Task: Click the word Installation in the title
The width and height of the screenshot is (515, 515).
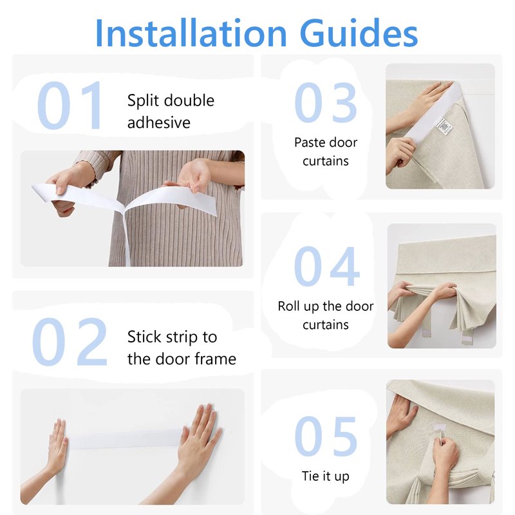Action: click(x=191, y=33)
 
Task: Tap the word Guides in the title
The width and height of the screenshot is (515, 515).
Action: click(x=359, y=33)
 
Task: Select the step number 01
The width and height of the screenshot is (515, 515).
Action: click(x=70, y=105)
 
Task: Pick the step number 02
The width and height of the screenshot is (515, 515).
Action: click(x=70, y=342)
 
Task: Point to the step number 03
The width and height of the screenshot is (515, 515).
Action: click(x=326, y=102)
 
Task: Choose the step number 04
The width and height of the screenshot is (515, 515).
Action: click(x=327, y=266)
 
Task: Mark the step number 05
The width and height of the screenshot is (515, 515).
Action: click(x=326, y=436)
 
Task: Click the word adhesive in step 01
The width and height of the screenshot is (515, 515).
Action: click(x=158, y=122)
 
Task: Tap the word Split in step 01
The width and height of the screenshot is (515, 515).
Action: click(x=143, y=101)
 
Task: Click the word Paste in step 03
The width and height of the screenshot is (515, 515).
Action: click(x=309, y=142)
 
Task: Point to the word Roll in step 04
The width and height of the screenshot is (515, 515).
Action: click(x=288, y=306)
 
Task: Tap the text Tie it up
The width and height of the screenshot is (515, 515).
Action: click(x=326, y=476)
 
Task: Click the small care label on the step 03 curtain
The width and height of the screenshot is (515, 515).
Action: click(x=444, y=126)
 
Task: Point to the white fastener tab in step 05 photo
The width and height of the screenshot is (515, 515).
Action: click(x=439, y=427)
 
